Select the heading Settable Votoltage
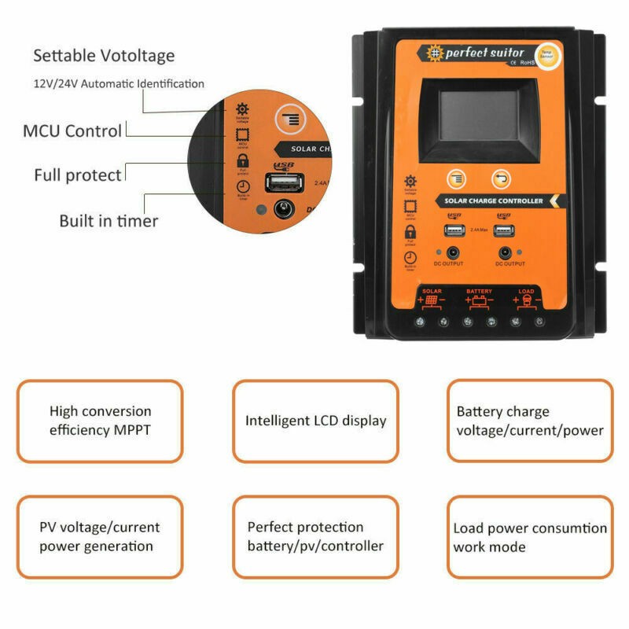104,56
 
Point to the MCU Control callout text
72,131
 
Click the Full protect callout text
78,175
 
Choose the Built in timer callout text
109,221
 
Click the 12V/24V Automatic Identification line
119,83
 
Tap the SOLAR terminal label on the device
432,292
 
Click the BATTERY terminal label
479,292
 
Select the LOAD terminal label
526,292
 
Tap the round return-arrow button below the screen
501,178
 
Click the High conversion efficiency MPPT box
100,421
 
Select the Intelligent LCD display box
315,421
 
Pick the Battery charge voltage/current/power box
530,421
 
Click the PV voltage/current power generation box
100,536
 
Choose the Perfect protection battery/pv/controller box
315,536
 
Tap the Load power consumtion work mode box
530,536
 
